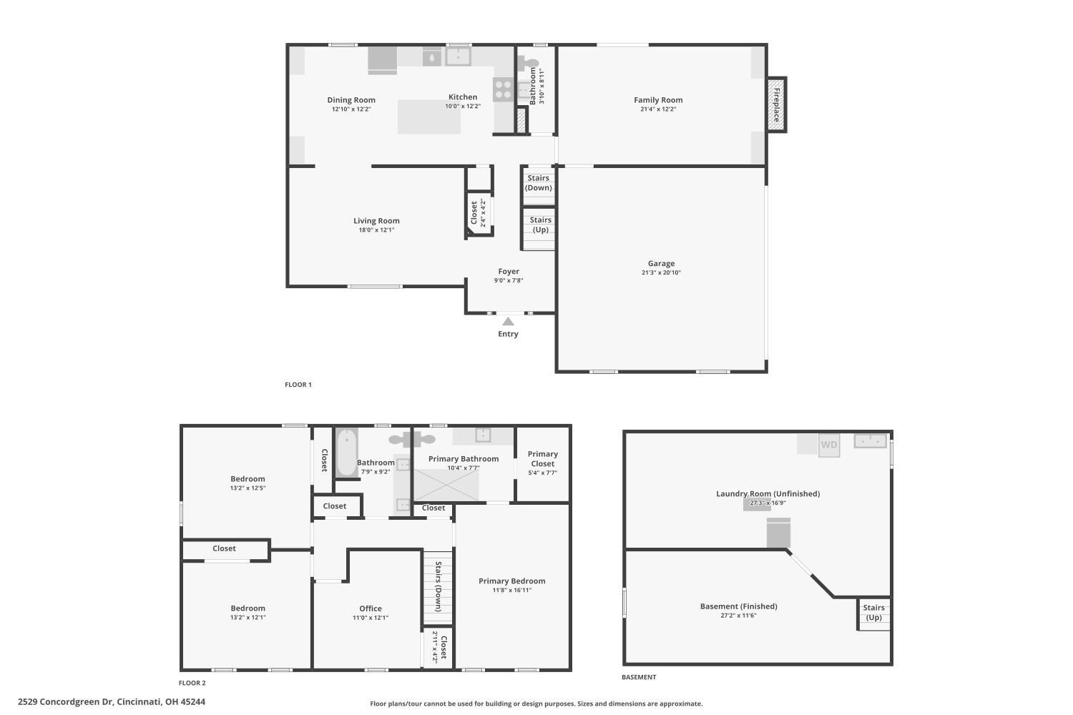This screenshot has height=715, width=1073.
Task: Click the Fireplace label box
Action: coord(776,105)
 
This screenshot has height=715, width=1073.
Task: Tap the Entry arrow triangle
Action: coord(508,321)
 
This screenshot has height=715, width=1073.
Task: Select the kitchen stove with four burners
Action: coord(503,89)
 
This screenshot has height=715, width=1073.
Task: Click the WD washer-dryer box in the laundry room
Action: coord(829,445)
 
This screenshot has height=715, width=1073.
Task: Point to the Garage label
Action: coord(661,263)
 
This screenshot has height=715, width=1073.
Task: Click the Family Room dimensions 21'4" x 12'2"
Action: coord(658,109)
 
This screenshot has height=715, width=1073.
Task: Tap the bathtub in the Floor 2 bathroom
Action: coord(347,453)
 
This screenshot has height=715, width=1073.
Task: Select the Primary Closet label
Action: coord(543,459)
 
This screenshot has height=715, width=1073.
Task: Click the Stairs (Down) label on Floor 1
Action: coord(539,183)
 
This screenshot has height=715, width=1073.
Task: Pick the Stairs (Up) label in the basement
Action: coord(873,613)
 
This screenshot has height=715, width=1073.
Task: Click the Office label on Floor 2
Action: coord(371,608)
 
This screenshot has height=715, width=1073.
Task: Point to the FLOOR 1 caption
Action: coord(298,385)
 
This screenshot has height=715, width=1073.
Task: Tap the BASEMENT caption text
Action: coord(639,677)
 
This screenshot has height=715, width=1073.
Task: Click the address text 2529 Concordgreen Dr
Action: coord(65,701)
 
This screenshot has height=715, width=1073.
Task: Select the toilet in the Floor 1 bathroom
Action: coord(527,63)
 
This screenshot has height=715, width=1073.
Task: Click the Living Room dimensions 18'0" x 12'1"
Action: coord(376,230)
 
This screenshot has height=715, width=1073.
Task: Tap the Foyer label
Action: coord(508,272)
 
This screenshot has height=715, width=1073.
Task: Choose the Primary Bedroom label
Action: coord(511,581)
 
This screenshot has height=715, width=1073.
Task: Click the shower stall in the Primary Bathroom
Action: coord(446,485)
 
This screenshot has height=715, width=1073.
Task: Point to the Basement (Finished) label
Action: coord(738,606)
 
